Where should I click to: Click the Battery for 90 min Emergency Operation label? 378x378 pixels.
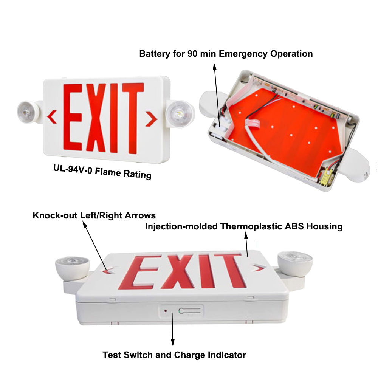[x=226, y=54]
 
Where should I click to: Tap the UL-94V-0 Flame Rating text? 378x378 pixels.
[x=102, y=172]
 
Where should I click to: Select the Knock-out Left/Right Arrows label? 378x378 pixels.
[x=94, y=215]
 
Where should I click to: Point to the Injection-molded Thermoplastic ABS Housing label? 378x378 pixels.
[x=244, y=226]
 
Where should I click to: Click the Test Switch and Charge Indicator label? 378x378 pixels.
[x=174, y=355]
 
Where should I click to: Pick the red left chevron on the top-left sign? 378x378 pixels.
[x=52, y=117]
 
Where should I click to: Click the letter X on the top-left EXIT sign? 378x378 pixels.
[x=96, y=118]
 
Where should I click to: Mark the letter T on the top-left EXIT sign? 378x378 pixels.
[x=133, y=118]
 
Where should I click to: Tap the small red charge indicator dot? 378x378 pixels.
[x=166, y=311]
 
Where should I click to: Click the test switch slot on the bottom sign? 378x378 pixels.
[x=189, y=311]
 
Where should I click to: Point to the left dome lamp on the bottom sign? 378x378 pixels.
[x=72, y=268]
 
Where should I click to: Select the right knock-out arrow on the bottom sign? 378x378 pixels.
[x=260, y=267]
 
